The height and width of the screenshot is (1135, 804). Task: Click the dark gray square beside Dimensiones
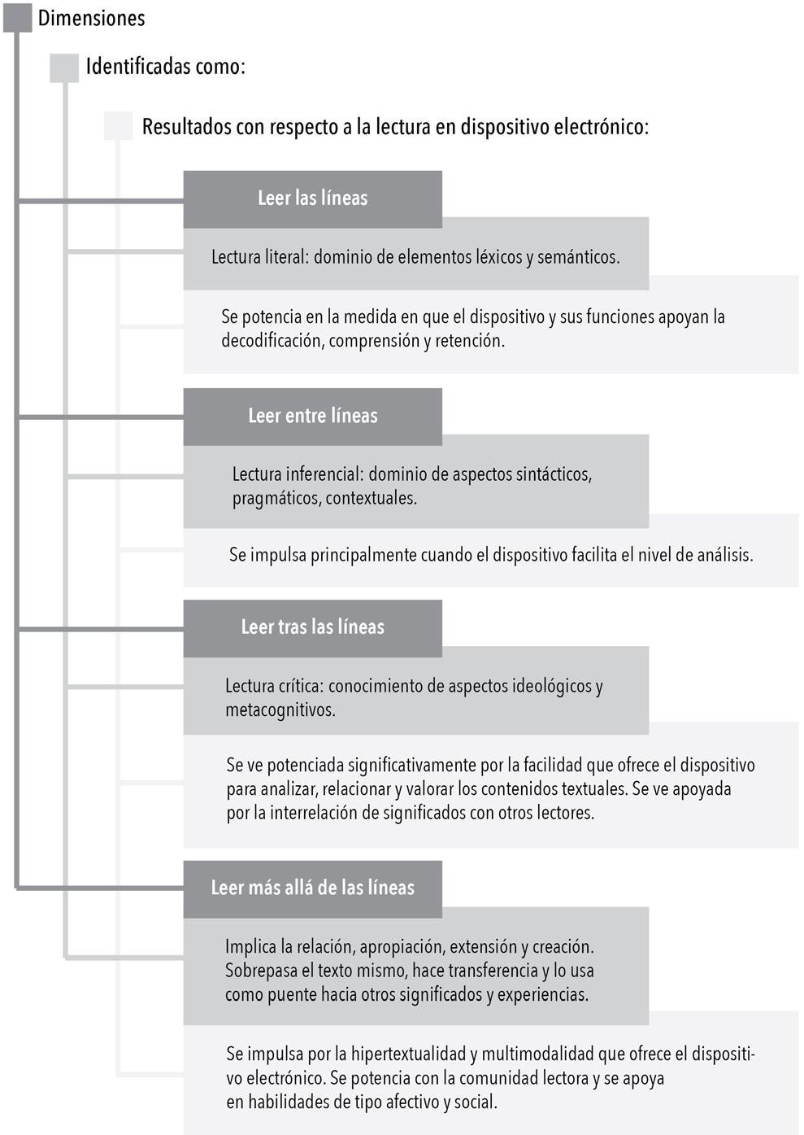tap(17, 18)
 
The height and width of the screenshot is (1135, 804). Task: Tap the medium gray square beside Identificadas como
tap(64, 68)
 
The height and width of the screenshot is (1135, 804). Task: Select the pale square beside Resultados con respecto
tap(118, 126)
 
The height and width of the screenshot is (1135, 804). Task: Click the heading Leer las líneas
tap(312, 199)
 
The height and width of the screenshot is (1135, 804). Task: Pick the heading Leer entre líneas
tap(312, 416)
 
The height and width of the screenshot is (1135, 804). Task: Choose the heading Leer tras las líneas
tap(312, 627)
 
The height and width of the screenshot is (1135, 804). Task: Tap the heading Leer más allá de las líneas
tap(312, 888)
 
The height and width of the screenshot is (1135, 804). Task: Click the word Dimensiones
tap(91, 18)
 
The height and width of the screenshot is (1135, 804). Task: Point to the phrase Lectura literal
tap(258, 257)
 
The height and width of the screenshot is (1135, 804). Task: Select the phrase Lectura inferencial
tap(297, 474)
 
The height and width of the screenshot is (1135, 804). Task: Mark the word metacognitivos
tap(280, 710)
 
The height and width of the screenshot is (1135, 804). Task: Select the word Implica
tap(250, 947)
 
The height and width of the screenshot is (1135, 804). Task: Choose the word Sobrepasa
tap(261, 971)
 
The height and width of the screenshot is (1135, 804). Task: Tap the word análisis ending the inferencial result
tap(724, 556)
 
